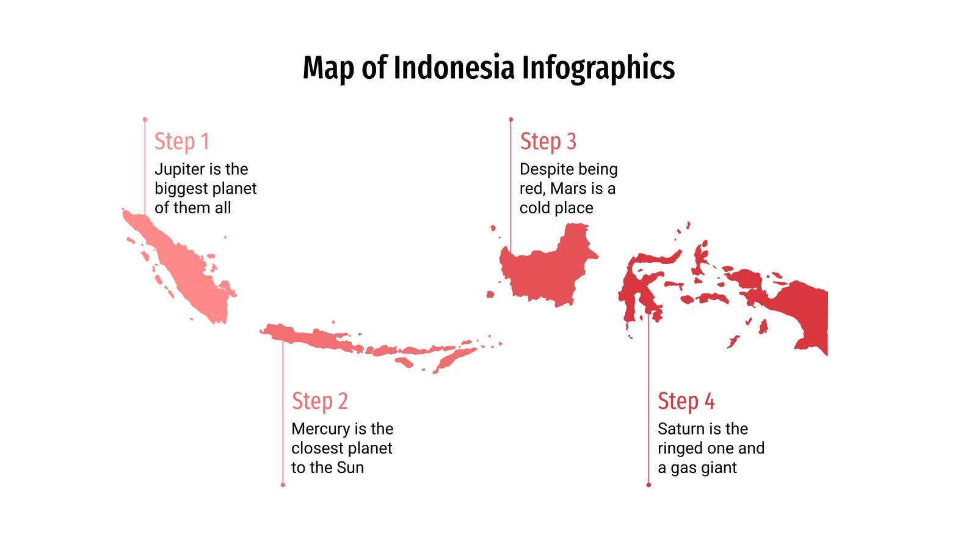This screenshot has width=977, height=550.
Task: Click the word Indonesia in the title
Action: click(454, 67)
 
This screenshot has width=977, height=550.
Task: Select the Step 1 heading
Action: click(181, 141)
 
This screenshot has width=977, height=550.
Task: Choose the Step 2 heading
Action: click(319, 401)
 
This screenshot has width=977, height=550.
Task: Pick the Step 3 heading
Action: click(548, 141)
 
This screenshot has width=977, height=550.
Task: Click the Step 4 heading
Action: click(686, 401)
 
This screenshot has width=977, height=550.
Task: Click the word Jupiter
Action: click(179, 169)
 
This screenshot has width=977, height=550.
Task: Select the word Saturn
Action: click(680, 428)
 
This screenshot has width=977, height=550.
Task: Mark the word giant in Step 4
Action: click(721, 468)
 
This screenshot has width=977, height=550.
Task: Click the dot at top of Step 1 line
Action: click(145, 120)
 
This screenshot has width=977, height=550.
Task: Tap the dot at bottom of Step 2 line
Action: click(283, 485)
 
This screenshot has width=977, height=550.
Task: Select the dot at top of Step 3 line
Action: click(510, 120)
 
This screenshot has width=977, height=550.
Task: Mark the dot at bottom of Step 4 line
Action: click(648, 485)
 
